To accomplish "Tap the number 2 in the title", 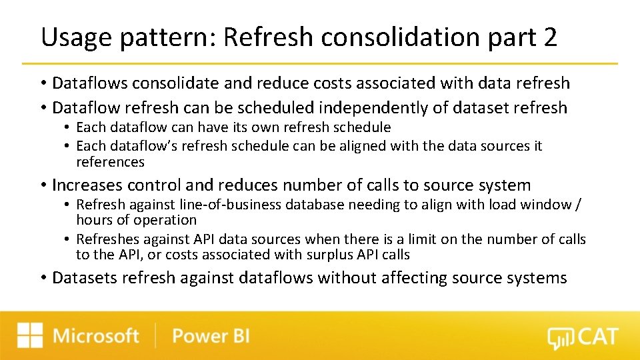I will click(x=550, y=38).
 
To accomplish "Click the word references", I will click(x=110, y=162).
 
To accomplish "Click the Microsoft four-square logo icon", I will click(x=30, y=335).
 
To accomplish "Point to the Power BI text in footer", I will click(x=211, y=335).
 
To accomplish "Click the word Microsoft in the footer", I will click(x=96, y=335).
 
